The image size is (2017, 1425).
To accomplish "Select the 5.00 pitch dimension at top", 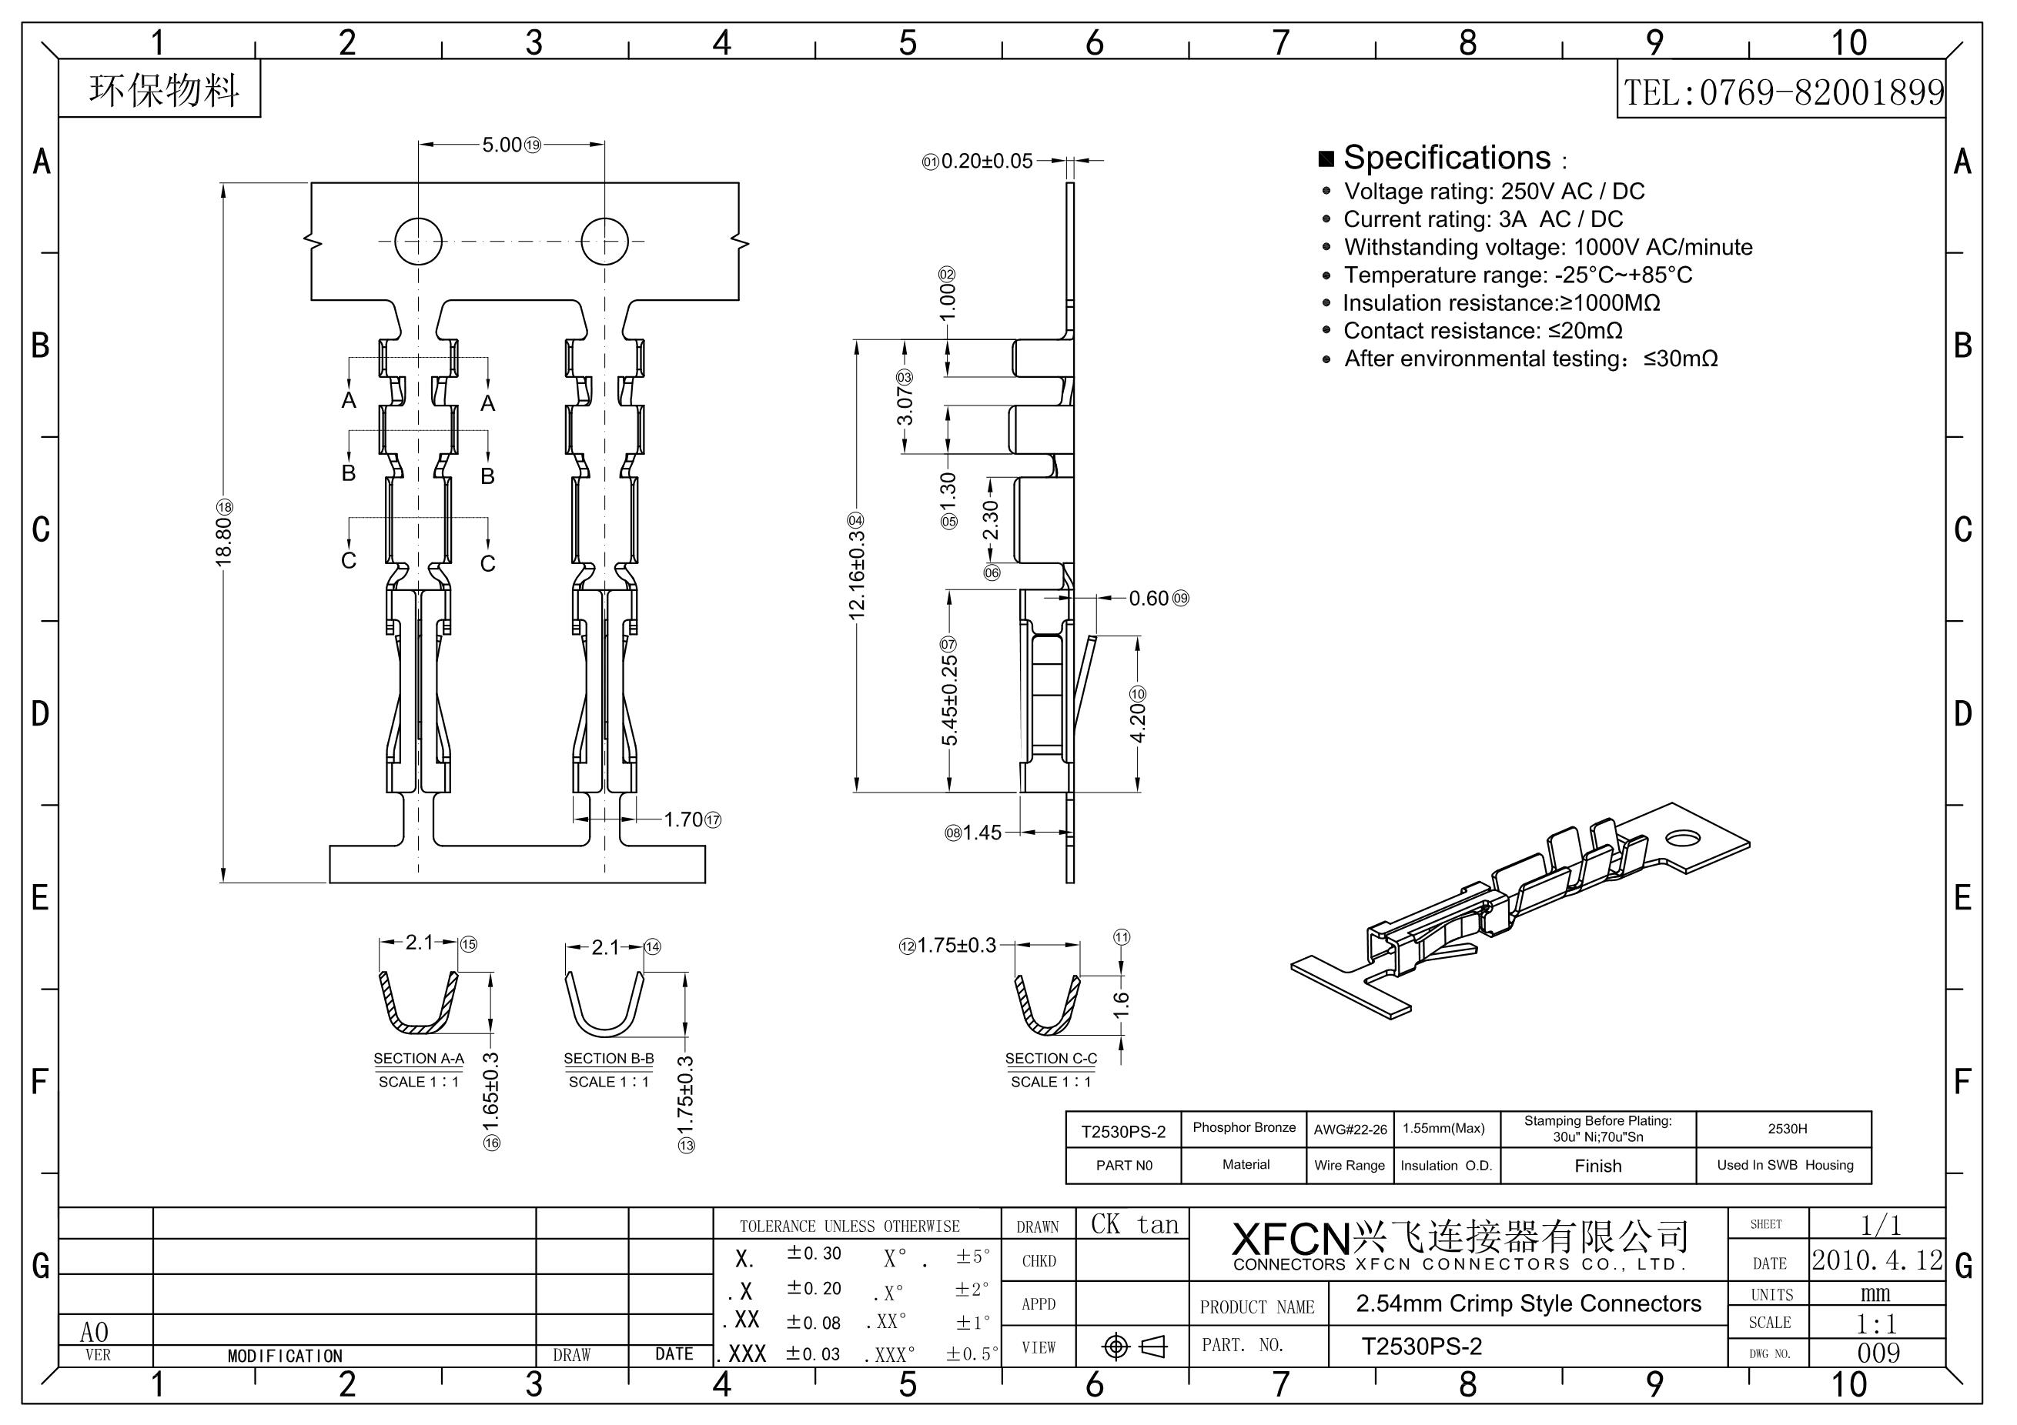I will click(503, 145).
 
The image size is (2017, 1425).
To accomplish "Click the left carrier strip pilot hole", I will click(418, 241).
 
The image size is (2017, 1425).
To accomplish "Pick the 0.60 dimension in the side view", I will click(1149, 599).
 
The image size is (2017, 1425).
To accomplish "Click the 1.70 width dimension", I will click(683, 820).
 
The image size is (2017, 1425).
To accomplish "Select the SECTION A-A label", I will click(418, 1059).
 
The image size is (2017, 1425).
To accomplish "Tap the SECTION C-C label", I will click(1051, 1059).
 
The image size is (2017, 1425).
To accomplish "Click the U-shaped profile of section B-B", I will click(604, 1006).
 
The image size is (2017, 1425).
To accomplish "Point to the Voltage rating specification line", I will click(1494, 192).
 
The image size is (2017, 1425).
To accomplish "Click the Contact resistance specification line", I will click(1482, 331).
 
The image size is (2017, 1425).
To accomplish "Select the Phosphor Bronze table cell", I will click(1244, 1128).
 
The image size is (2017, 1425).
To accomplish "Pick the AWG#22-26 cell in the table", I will click(1350, 1130).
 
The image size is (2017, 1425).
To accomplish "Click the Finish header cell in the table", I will click(1598, 1166).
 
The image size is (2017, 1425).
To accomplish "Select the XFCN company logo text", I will click(1290, 1239).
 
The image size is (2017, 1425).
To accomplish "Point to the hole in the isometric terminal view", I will click(1681, 839).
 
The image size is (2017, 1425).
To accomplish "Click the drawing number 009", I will click(1878, 1353).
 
